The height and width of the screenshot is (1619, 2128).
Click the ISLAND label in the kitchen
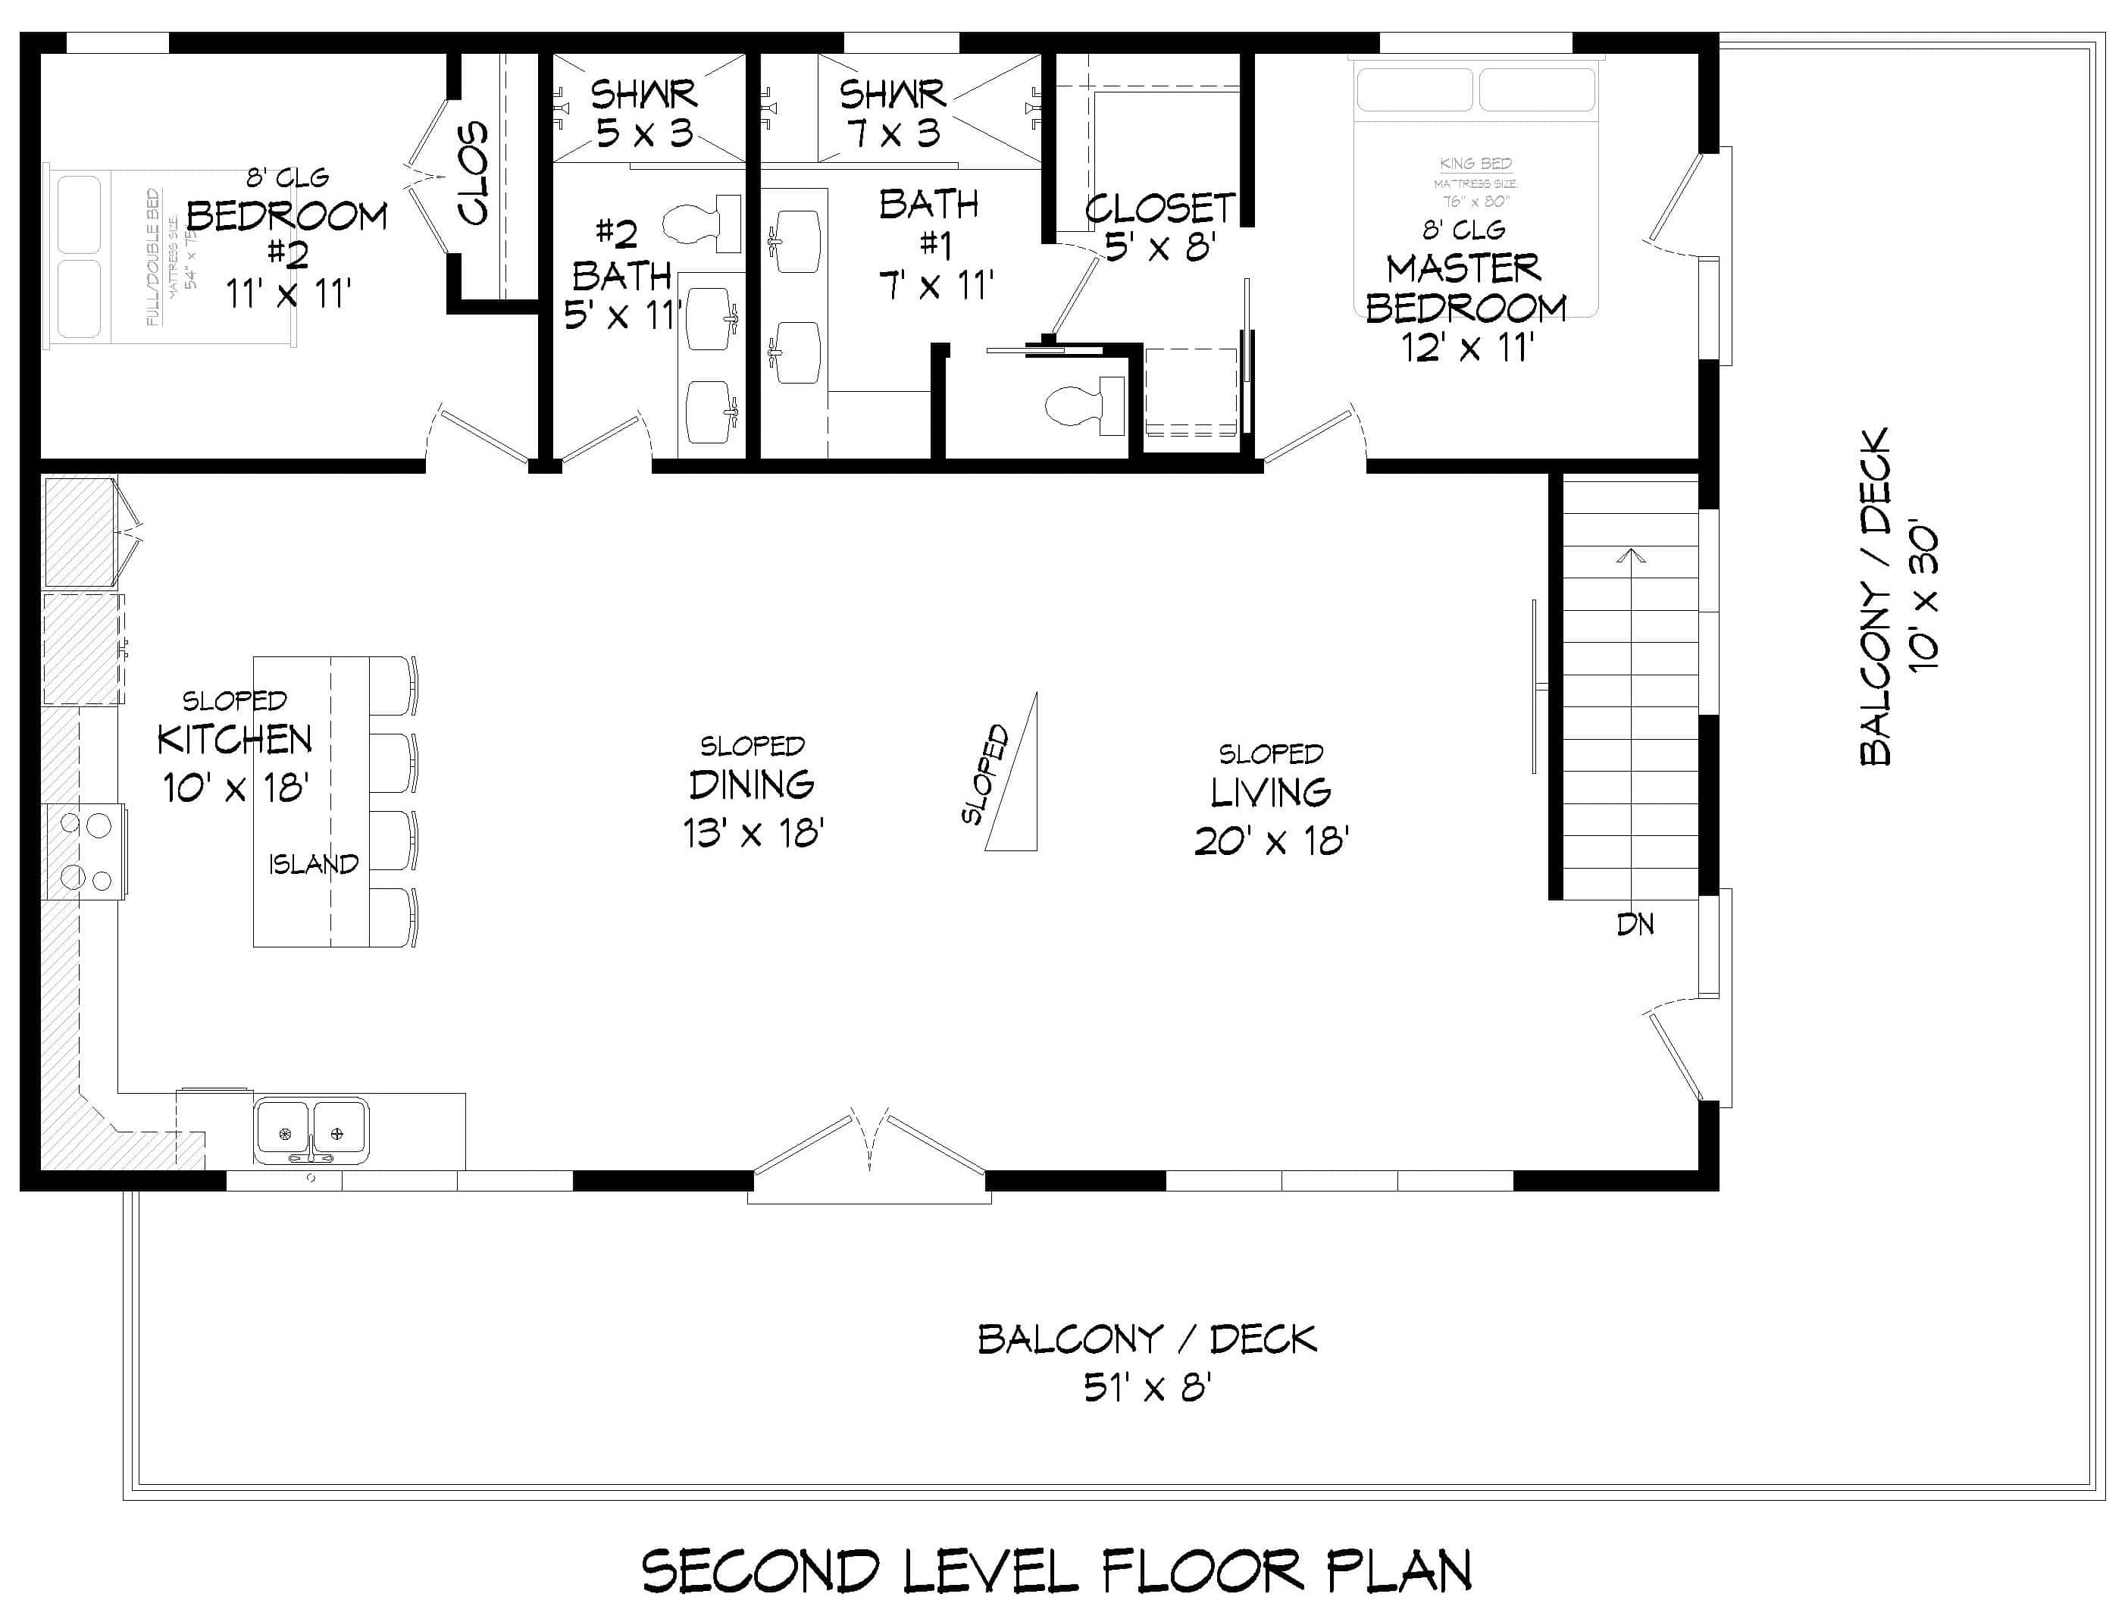click(x=313, y=864)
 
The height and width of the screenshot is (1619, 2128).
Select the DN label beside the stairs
click(x=1635, y=925)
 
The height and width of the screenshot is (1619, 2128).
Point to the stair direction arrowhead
click(x=1630, y=556)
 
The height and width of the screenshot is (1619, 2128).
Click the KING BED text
click(x=1475, y=164)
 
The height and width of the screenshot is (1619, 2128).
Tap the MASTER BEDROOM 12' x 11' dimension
click(x=1467, y=348)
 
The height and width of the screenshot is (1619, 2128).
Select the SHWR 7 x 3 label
click(x=892, y=114)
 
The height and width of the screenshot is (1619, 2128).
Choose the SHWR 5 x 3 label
click(x=643, y=114)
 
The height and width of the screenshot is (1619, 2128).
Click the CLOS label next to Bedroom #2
click(x=473, y=174)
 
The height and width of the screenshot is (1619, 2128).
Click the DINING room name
click(x=752, y=785)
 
